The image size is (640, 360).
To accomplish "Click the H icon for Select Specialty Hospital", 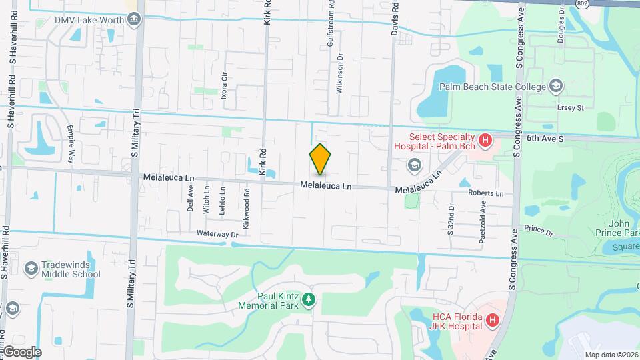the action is pos(486,141).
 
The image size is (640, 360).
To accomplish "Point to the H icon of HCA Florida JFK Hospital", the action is pos(493,321).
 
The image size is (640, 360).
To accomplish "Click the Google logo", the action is pos(22,351).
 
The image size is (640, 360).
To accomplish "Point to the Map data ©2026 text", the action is pos(611,354).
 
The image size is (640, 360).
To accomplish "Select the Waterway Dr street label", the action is pos(217,235).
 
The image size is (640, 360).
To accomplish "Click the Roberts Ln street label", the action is pos(485,193).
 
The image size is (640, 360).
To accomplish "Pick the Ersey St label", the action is pos(571,107).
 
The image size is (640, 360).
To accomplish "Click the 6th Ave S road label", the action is pos(545,139).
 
